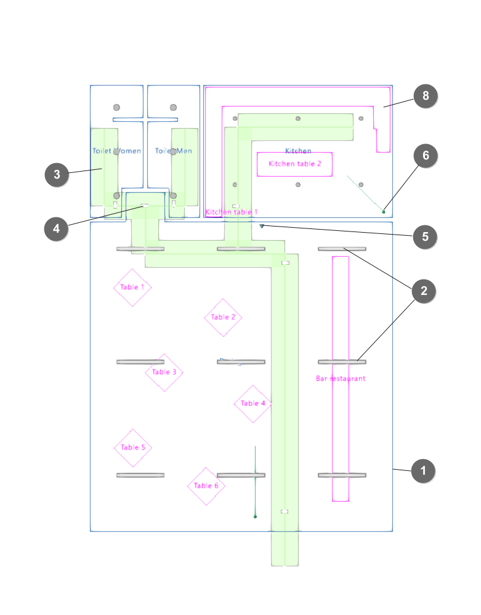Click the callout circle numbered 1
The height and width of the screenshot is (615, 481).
[x=422, y=472]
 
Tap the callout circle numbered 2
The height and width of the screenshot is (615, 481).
[x=422, y=291]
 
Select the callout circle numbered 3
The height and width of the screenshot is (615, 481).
[x=57, y=175]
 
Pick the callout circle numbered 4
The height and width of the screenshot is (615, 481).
[x=57, y=229]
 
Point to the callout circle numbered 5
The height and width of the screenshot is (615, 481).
[x=425, y=236]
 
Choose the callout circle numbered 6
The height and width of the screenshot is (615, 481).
[x=425, y=156]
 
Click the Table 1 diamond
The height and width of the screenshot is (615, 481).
[x=132, y=287]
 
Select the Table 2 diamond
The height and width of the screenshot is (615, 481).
[x=223, y=318]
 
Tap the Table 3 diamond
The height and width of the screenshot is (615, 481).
[x=164, y=372]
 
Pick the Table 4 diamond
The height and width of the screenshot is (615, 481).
[x=253, y=404]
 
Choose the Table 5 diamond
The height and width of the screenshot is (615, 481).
[x=132, y=448]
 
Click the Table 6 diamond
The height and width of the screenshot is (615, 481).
[x=206, y=486]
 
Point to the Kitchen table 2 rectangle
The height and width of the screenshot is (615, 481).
[x=294, y=164]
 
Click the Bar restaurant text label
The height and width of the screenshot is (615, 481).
[x=341, y=379]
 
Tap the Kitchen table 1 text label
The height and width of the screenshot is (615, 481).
[x=232, y=212]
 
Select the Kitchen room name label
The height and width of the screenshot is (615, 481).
[x=298, y=151]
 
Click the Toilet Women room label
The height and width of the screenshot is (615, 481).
[x=116, y=151]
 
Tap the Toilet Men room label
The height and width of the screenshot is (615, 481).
[x=173, y=151]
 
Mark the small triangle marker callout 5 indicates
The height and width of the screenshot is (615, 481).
[x=262, y=226]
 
